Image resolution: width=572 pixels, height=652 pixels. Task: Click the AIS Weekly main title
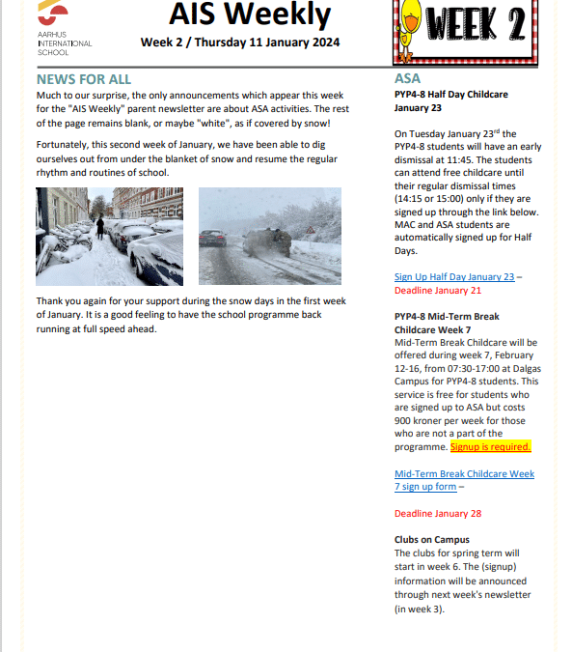[x=250, y=14]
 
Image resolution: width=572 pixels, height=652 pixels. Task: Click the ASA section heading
[x=407, y=78]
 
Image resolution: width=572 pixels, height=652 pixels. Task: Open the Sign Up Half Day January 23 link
[x=454, y=276]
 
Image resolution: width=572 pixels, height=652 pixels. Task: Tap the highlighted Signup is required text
[x=490, y=447]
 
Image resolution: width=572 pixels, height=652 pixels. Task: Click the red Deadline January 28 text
[x=438, y=513]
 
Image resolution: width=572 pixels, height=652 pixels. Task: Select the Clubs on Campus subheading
[x=432, y=539]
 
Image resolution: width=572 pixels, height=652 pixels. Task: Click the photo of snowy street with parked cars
[x=109, y=237]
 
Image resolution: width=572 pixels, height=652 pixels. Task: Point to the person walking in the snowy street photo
[x=99, y=227]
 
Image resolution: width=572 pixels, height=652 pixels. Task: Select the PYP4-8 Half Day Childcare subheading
[x=451, y=95]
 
